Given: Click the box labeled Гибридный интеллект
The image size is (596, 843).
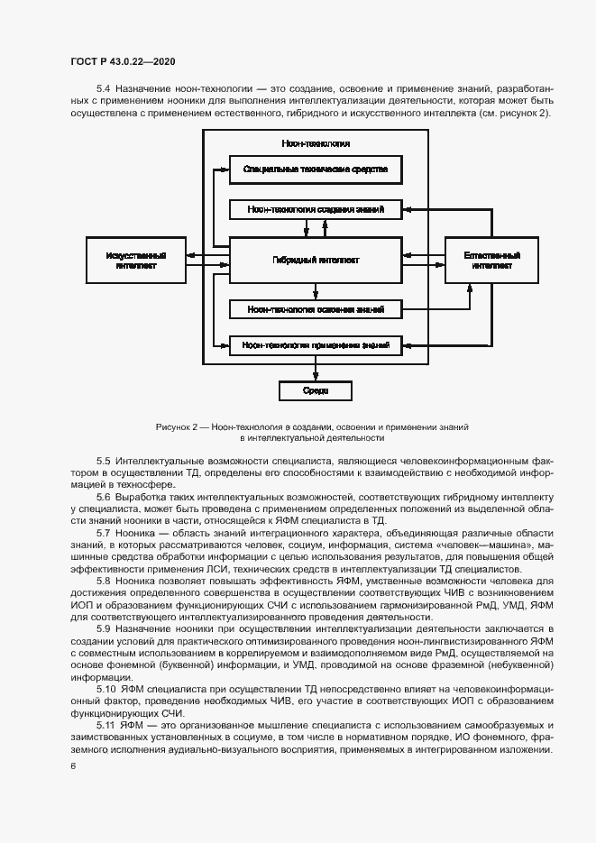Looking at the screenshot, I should (x=315, y=261).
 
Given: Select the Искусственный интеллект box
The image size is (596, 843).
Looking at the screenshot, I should (x=135, y=261).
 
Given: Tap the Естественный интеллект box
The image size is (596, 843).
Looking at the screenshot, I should (x=492, y=261).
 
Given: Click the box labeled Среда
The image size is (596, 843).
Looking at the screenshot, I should (x=315, y=390).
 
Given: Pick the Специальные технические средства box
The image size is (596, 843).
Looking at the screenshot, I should (x=315, y=170).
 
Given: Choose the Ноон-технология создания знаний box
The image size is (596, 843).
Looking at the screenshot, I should (x=315, y=209).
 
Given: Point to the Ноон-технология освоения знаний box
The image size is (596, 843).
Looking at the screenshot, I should (x=315, y=309).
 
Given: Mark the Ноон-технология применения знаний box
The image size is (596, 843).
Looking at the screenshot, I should (x=315, y=344).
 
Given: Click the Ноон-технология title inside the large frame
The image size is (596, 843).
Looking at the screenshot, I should (x=315, y=143).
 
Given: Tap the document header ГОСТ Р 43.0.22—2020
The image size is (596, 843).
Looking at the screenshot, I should (x=123, y=61).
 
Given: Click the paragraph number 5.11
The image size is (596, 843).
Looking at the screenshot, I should (x=105, y=726).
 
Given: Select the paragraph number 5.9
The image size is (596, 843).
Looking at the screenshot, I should (x=103, y=627).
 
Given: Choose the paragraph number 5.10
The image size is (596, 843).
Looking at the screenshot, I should (x=105, y=689).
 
